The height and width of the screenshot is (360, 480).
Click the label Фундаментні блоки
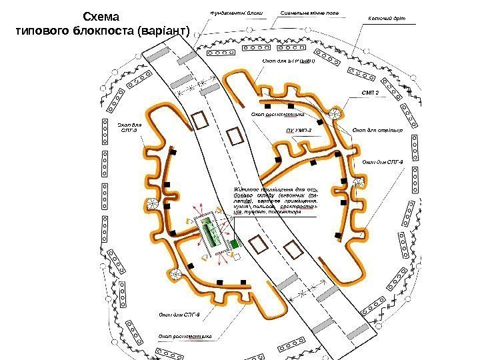[236, 13]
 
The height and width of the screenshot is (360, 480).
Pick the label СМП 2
[370, 93]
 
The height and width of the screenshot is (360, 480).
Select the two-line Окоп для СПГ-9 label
[131, 127]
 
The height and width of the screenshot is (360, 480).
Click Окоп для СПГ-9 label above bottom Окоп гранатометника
[179, 313]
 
